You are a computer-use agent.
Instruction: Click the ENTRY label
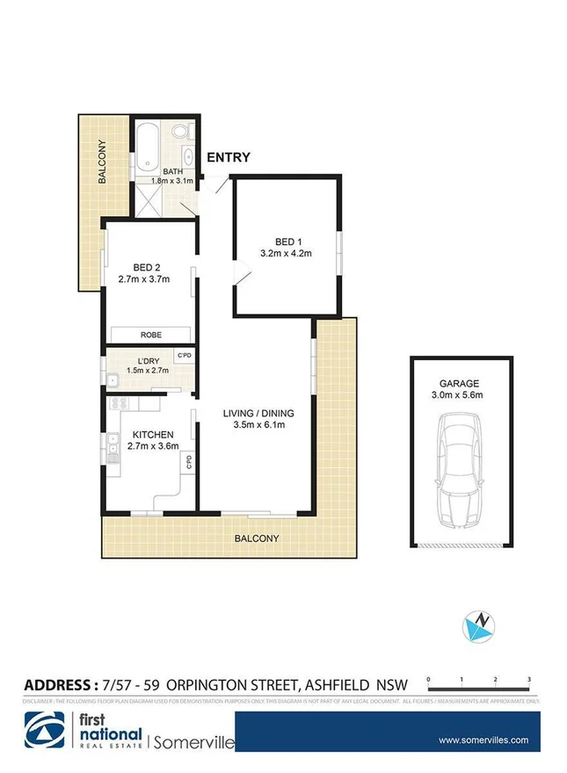pyautogui.click(x=229, y=158)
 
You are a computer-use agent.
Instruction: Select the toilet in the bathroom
pyautogui.click(x=181, y=134)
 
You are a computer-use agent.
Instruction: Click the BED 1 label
pyautogui.click(x=287, y=241)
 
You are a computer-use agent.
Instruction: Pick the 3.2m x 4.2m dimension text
pyautogui.click(x=287, y=254)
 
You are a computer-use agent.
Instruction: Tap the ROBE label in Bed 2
pyautogui.click(x=150, y=335)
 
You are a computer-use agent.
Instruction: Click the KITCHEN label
pyautogui.click(x=153, y=435)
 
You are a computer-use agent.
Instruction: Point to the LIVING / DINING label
pyautogui.click(x=258, y=413)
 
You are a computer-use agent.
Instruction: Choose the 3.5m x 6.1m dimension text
pyautogui.click(x=258, y=426)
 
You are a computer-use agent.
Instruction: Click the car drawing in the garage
pyautogui.click(x=461, y=470)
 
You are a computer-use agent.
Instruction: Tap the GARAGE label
pyautogui.click(x=461, y=383)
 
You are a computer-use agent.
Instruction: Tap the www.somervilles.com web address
pyautogui.click(x=483, y=740)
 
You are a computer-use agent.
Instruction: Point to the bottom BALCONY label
pyautogui.click(x=257, y=538)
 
